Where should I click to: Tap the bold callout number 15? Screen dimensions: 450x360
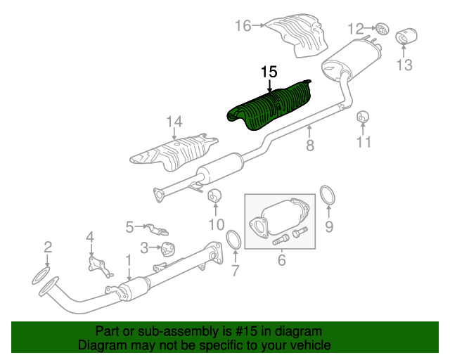point(269,72)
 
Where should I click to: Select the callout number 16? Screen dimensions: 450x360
point(243,25)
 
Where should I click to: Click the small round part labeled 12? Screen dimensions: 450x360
point(382,28)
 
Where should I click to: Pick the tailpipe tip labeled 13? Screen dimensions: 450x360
point(406,36)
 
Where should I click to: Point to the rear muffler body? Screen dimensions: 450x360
point(352,59)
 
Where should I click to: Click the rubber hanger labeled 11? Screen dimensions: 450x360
point(363,117)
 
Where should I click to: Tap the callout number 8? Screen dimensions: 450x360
point(310,146)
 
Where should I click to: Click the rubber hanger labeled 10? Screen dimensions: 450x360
point(214,196)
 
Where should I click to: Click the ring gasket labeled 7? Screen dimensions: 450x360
point(234,239)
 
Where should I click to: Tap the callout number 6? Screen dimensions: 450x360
point(282,260)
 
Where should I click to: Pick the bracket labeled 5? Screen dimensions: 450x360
point(157,229)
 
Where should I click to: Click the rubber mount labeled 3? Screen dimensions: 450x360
point(168,249)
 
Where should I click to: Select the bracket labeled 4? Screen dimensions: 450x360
point(99,266)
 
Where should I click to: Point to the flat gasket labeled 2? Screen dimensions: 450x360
point(41,276)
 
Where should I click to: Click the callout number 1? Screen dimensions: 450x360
point(129,260)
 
